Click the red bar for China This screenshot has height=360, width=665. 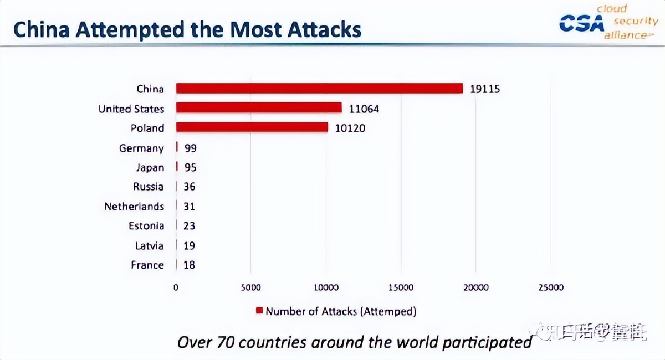(319, 89)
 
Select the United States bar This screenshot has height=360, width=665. (259, 108)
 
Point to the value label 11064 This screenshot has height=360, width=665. (364, 109)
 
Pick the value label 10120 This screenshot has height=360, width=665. (350, 128)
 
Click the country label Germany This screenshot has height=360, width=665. (141, 148)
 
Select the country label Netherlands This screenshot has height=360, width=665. (134, 207)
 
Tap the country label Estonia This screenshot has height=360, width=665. (146, 226)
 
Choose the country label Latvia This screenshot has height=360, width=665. (150, 245)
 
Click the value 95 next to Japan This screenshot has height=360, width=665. (190, 167)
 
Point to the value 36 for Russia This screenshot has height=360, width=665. (190, 187)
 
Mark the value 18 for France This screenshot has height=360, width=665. (189, 265)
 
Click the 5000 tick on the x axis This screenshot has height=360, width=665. (250, 287)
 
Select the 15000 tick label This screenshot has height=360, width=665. (401, 287)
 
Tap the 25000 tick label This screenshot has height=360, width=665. (551, 287)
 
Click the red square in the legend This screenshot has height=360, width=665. (259, 311)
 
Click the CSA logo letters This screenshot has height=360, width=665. (581, 23)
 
